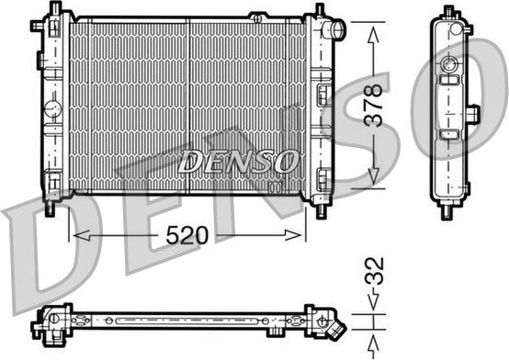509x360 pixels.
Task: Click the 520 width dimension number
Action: pos(187,235)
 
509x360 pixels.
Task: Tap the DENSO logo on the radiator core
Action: pos(238,163)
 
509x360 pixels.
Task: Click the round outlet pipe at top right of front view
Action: pos(336,30)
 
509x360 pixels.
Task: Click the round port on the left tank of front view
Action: pos(52,111)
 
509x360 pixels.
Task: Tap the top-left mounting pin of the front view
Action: pos(49,12)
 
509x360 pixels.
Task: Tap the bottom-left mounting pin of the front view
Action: pos(49,208)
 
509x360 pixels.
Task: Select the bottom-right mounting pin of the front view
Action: pos(320,208)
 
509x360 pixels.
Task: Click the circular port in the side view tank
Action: pos(449,66)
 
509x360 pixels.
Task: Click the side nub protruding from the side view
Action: pos(473,115)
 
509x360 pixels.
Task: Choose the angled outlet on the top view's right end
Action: pos(338,328)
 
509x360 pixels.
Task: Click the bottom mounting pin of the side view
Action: pos(448,209)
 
